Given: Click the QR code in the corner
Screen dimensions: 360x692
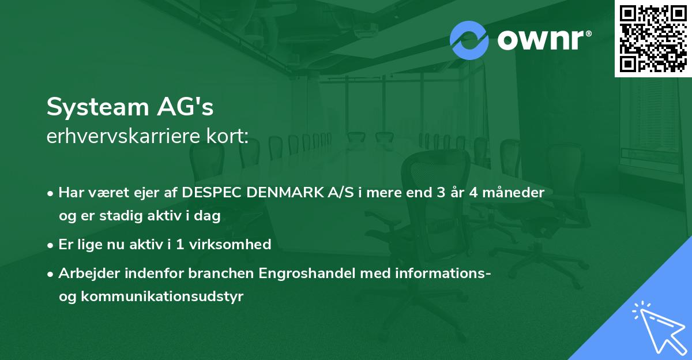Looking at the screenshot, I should point(652,38).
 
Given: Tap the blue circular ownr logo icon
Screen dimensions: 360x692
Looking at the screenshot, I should point(469,40).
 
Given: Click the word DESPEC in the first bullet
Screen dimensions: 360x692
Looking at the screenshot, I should point(211,193).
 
